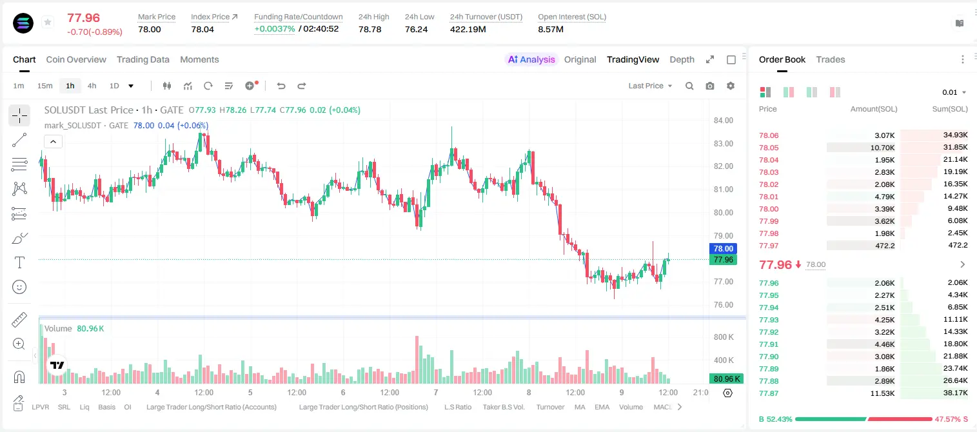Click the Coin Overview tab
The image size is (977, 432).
[x=76, y=59]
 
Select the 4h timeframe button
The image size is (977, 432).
[x=92, y=86]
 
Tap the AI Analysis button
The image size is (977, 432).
[x=531, y=59]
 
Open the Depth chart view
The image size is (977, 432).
[x=682, y=59]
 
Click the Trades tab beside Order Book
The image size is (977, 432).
[x=831, y=59]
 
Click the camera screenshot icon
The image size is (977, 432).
[x=710, y=86]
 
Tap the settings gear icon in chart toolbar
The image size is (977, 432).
[x=731, y=86]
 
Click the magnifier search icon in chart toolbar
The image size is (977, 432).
[x=689, y=86]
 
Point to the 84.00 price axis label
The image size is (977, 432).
[x=723, y=121]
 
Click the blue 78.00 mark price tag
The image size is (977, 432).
[x=723, y=248]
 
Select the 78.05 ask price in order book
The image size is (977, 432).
[x=769, y=148]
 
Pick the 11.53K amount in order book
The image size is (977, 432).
[x=882, y=393]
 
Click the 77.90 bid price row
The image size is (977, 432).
[x=769, y=357]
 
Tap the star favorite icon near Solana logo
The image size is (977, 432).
[x=48, y=22]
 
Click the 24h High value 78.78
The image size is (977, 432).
[x=370, y=29]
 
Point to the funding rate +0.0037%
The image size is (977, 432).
[x=274, y=29]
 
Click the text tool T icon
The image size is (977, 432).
[x=19, y=262]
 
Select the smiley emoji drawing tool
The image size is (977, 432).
[x=19, y=287]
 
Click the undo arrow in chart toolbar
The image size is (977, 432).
[x=281, y=86]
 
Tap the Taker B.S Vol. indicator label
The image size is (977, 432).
[x=503, y=407]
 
